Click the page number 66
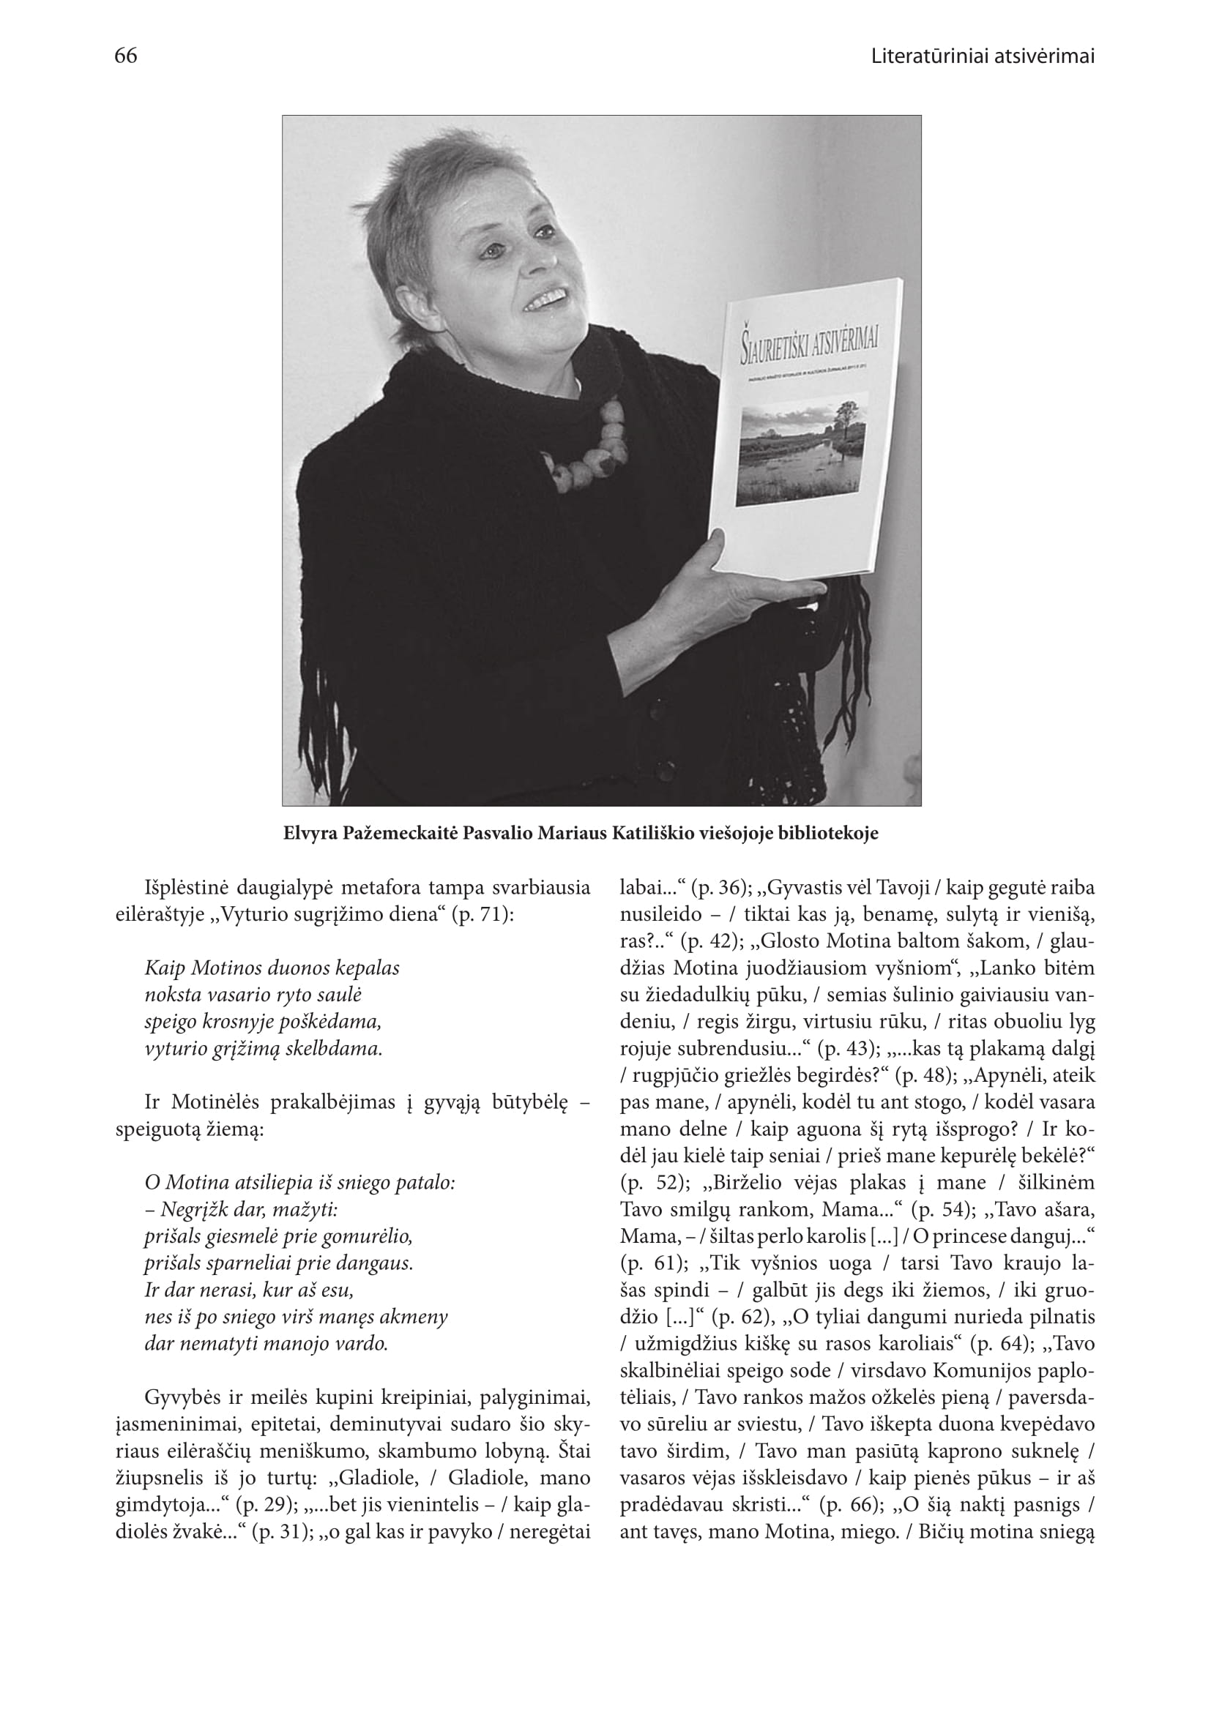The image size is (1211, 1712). coord(126,56)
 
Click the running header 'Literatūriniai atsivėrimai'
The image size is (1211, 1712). coord(983,56)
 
